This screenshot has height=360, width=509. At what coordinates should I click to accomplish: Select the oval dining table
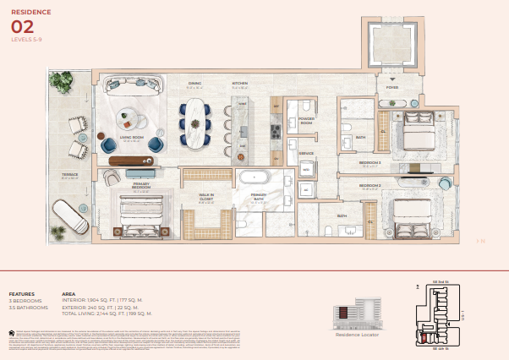197,125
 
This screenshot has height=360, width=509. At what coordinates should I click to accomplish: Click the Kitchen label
240,83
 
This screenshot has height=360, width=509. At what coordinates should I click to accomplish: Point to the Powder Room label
306,120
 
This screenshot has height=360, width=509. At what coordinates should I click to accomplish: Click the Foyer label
392,87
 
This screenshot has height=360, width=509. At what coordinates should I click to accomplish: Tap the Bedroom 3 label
370,161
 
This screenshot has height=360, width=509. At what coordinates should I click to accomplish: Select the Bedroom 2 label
370,185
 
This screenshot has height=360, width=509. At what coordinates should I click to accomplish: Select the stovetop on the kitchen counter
275,131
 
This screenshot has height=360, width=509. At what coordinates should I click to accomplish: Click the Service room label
306,153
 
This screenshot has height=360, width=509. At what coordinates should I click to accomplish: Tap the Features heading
22,294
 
